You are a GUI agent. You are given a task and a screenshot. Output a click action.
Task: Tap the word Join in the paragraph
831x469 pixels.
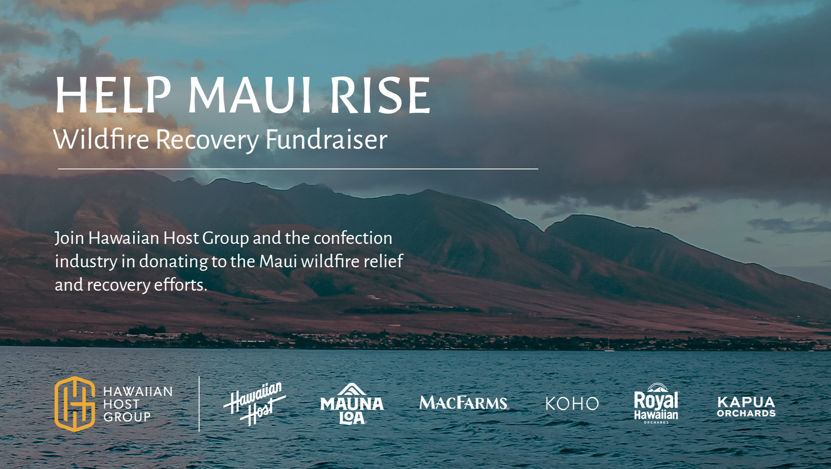pos(69,238)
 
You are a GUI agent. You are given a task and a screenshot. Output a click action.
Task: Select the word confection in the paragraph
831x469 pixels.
pos(353,238)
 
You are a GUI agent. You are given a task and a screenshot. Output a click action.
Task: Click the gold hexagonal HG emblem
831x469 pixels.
pos(75,404)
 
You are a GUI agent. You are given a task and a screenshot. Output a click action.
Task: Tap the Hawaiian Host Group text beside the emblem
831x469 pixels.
pos(138,404)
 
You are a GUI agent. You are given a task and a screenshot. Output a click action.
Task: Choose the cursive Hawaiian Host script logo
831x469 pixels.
pos(255,403)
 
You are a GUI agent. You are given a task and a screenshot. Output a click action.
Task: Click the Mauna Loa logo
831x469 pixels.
pos(352,403)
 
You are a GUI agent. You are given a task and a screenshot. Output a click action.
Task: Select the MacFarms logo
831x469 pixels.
pos(464,403)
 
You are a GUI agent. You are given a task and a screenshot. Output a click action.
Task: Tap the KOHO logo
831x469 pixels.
pos(572,403)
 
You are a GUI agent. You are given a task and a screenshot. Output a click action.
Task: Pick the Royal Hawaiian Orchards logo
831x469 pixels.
pos(656,403)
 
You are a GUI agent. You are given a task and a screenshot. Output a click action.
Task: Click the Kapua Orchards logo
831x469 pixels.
pos(746,407)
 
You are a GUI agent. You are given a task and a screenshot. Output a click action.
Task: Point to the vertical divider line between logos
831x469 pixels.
pos(199,404)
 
